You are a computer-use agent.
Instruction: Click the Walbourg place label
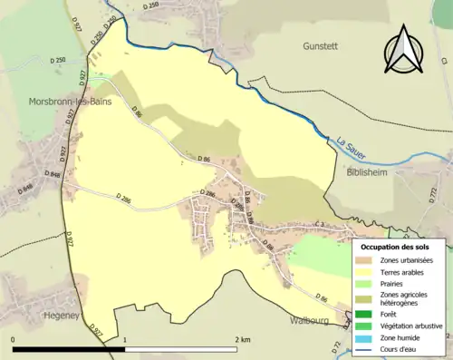tap(312, 320)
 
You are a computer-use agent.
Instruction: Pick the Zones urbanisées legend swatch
tap(367, 261)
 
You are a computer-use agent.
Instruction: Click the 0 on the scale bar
tap(13, 339)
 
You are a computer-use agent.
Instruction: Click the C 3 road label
tap(318, 224)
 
